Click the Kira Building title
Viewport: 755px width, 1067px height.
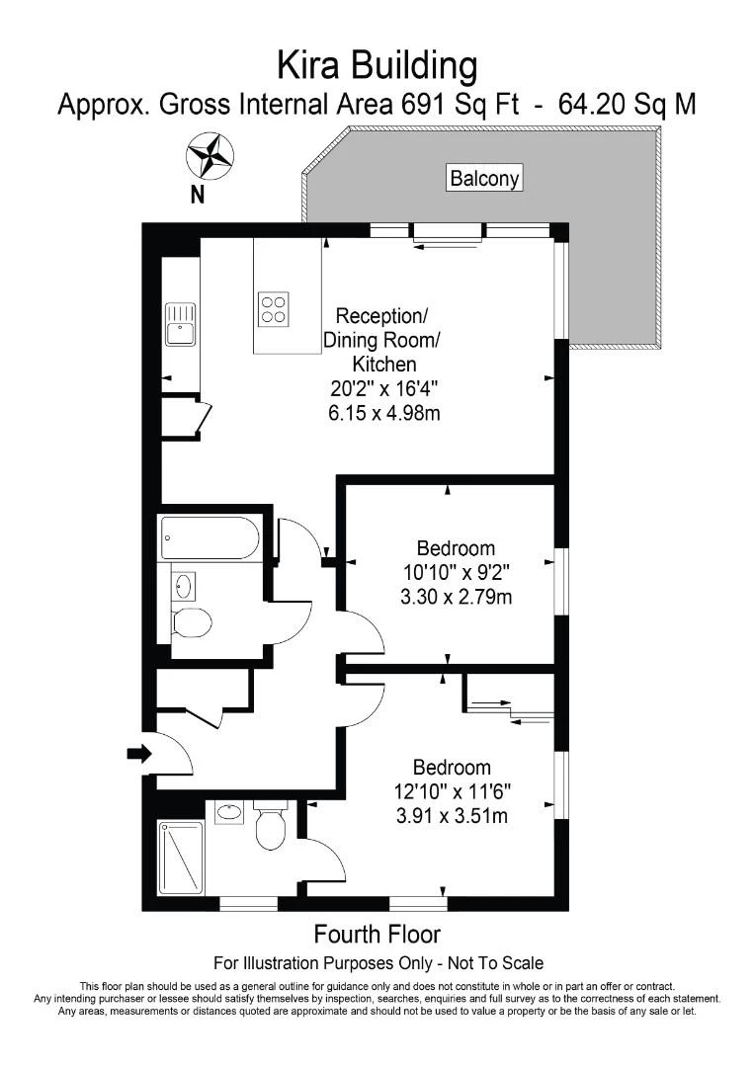[377, 66]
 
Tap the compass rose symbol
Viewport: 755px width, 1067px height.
[210, 156]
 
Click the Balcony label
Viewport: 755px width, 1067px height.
[484, 179]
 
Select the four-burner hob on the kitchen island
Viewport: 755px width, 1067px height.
[274, 309]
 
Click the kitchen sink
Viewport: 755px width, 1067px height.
[181, 324]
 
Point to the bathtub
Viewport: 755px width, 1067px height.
[210, 538]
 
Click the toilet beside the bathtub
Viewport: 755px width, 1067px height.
[191, 622]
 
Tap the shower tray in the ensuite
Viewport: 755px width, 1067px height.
[181, 858]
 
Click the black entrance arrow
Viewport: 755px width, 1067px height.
[137, 755]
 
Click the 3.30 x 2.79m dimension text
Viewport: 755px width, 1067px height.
[456, 597]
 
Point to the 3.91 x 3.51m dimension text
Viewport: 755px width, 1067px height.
[452, 815]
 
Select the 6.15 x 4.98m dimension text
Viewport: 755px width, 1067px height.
[383, 413]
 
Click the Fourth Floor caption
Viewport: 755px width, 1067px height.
[377, 934]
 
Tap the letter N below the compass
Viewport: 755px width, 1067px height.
[197, 195]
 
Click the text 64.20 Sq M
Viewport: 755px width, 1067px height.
[628, 104]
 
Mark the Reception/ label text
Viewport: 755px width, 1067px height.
[382, 316]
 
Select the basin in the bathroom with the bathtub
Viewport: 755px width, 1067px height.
[183, 587]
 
